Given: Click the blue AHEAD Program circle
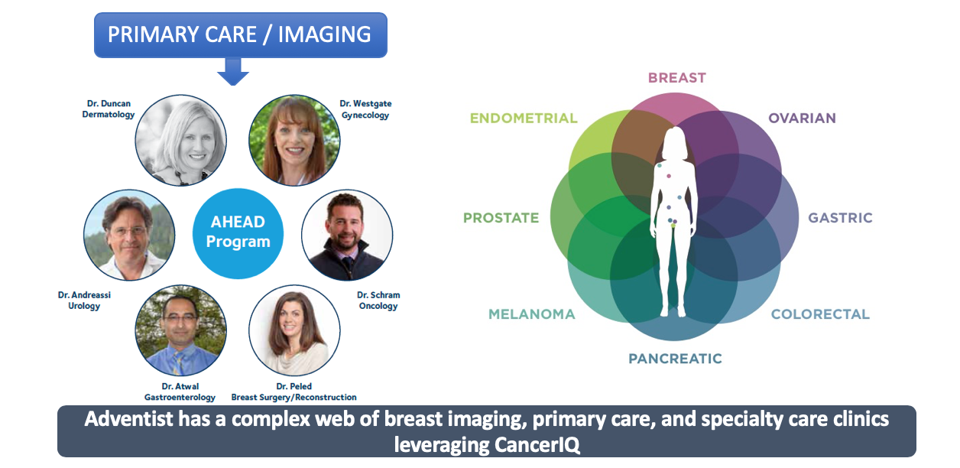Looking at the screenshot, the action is pos(238,234).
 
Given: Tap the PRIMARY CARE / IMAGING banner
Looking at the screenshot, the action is pos(241,34).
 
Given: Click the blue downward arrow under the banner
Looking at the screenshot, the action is pos(233,72).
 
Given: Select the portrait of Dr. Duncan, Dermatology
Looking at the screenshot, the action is pos(181,140).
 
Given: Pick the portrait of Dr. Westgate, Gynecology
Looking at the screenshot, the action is pos(294,140).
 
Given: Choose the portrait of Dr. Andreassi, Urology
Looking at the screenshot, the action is pos(129,235).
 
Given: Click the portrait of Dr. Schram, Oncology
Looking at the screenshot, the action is pos(347,235).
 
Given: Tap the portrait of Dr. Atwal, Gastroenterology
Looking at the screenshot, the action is pos(181,330).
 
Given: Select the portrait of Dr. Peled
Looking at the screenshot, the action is pos(294,330).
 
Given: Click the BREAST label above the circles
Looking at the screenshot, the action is pos(676,78).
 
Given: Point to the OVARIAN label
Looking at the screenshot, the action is pos(802,118).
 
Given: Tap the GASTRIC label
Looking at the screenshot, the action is pos(840,218).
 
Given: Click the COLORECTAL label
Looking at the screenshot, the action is pos(820,314).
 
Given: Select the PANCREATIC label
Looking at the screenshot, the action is pos(675,359).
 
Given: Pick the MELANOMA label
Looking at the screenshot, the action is pos(531,314).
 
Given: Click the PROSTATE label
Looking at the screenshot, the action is pos(501,218).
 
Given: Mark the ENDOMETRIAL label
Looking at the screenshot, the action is pos(524,118).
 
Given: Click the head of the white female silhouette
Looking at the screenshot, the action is pos(675,139).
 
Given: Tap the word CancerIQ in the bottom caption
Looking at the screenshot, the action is pos(537,445).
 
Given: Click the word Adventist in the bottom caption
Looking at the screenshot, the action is pos(128,418).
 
